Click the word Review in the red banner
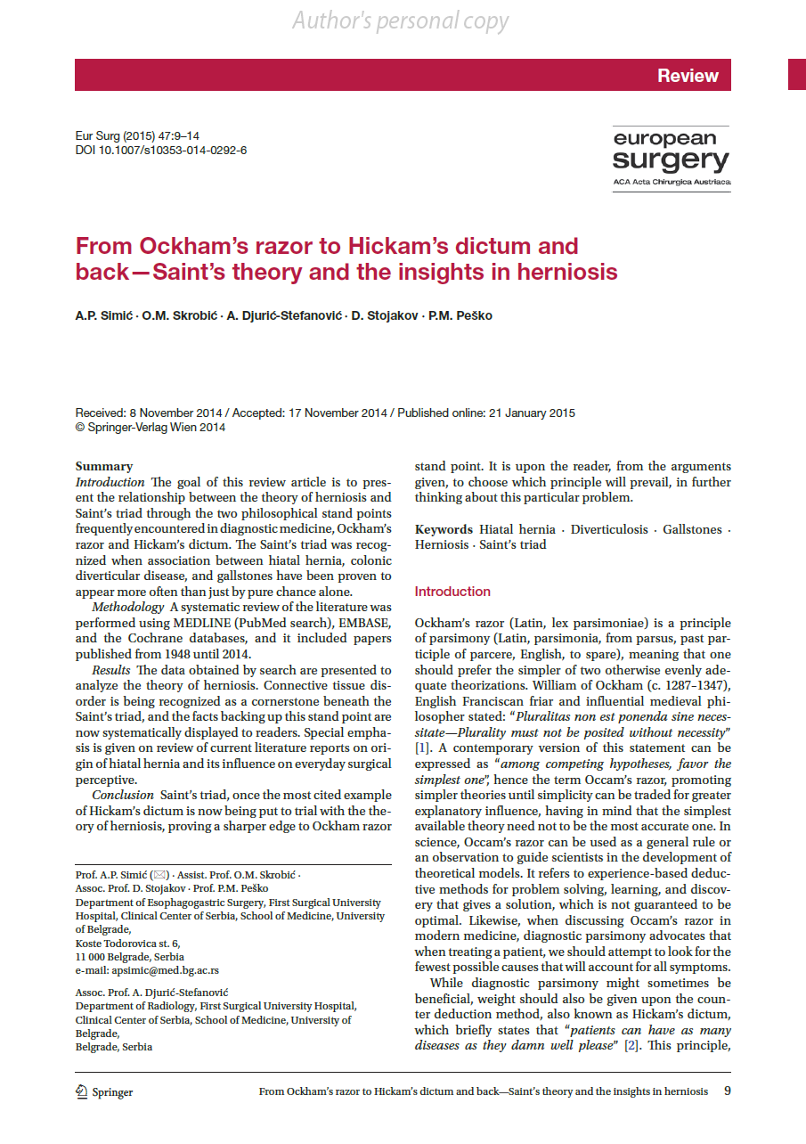pos(688,76)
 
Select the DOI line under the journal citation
pos(161,150)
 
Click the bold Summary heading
pos(104,466)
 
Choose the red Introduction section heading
pos(452,592)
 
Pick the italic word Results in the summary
pos(112,670)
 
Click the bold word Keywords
pos(444,529)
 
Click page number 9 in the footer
pos(727,1091)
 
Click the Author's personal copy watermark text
pos(401,20)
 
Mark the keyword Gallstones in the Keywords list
pos(692,529)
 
